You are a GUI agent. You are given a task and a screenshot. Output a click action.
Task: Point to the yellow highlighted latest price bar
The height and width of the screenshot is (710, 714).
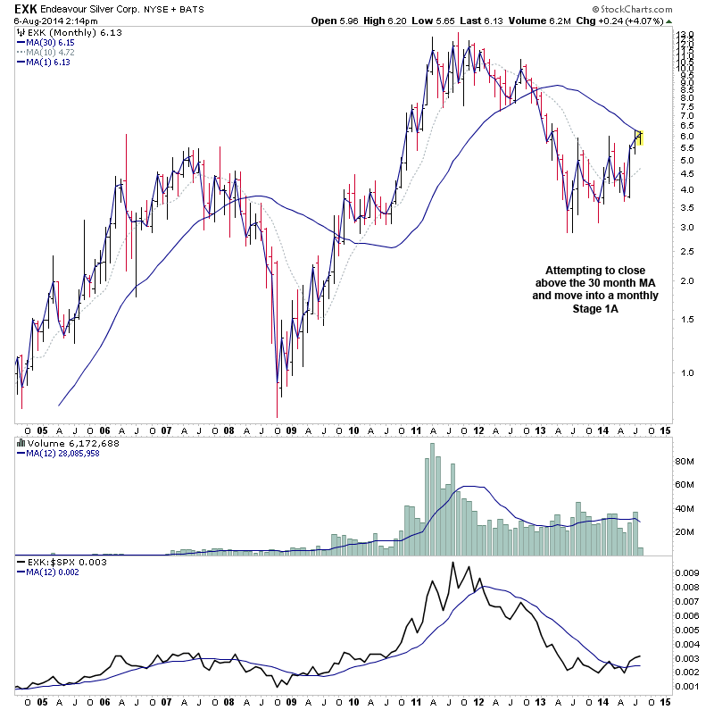click(640, 138)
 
